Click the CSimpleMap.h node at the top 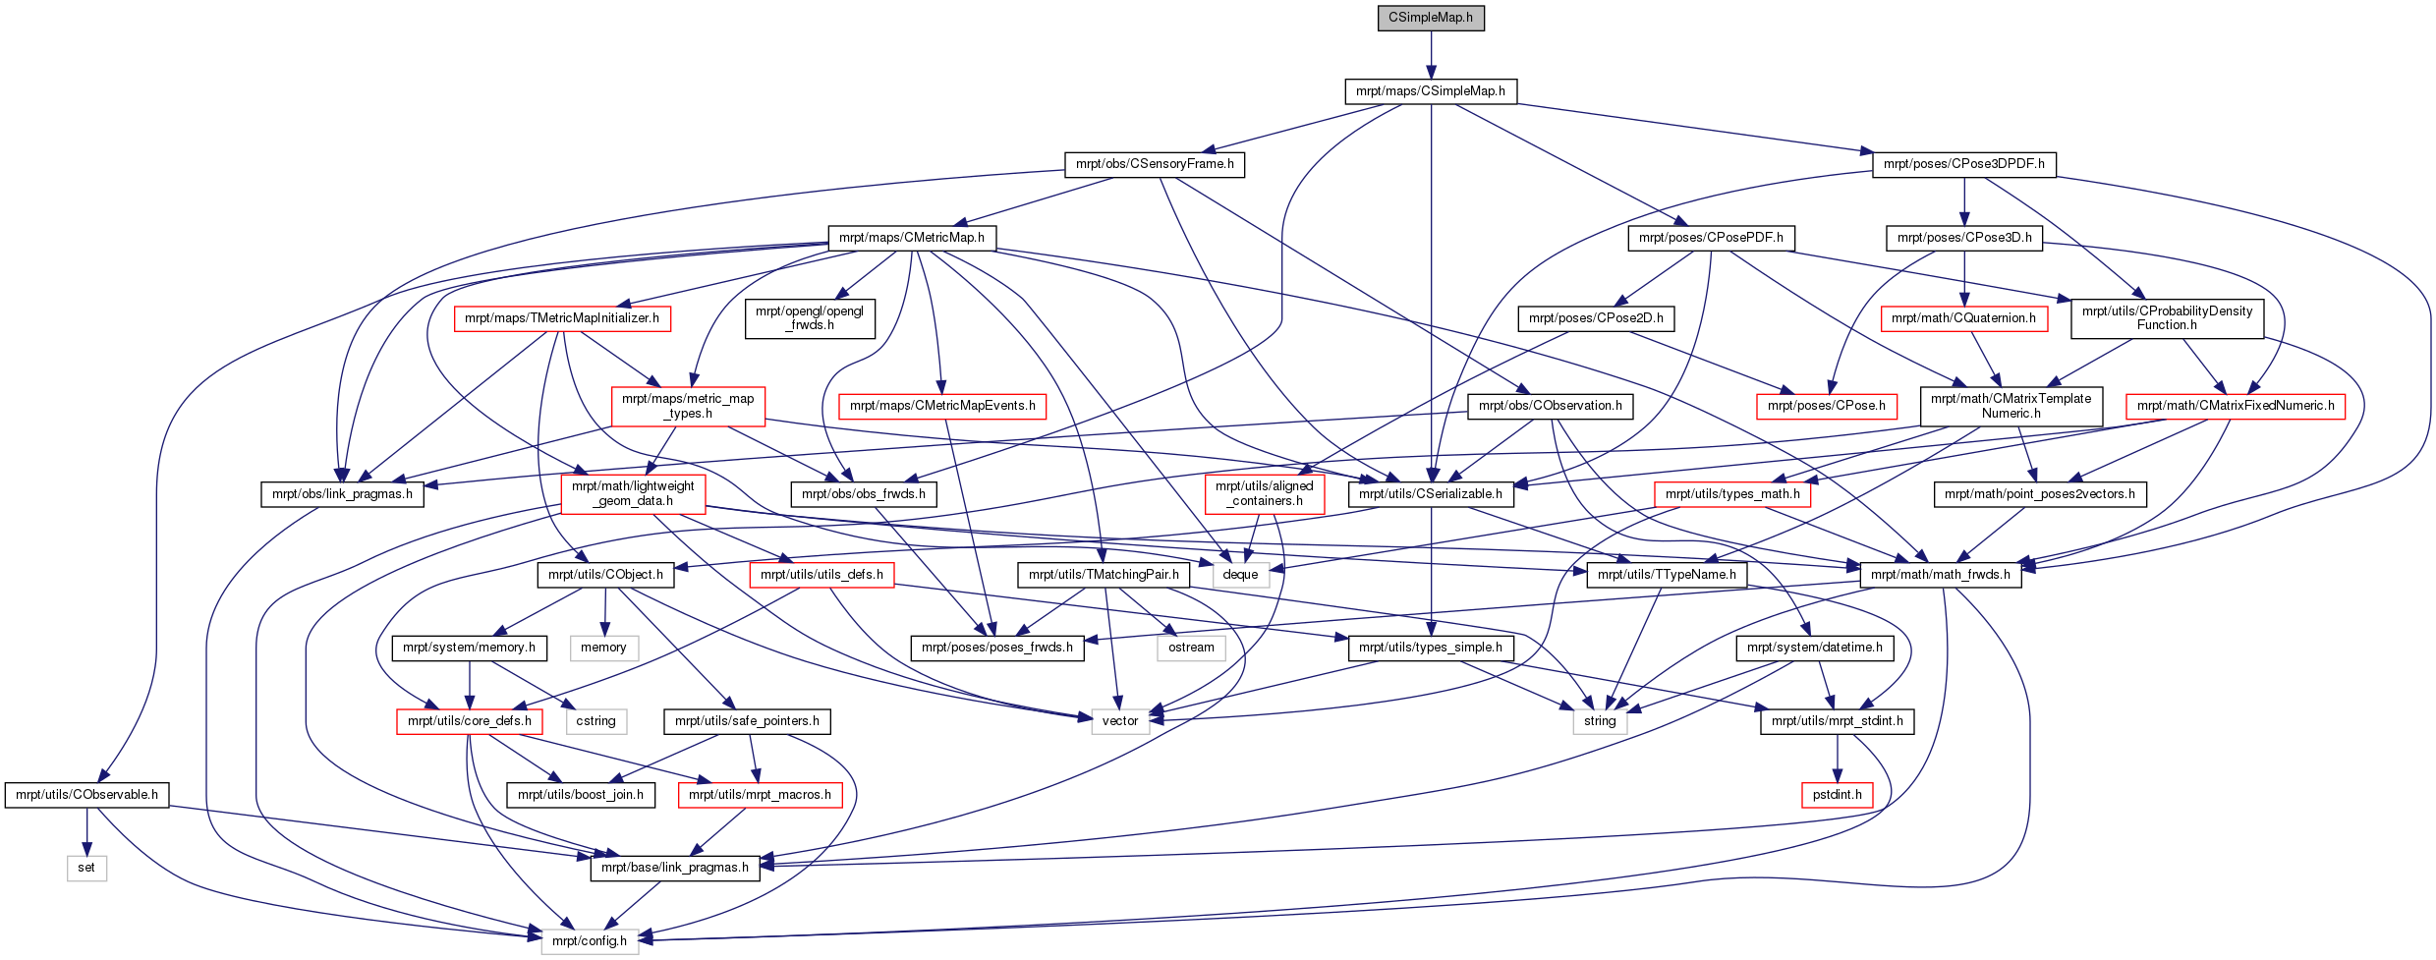pyautogui.click(x=1431, y=18)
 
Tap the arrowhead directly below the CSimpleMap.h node pyautogui.click(x=1431, y=73)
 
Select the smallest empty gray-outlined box pyautogui.click(x=86, y=869)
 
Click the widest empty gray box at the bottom pyautogui.click(x=590, y=941)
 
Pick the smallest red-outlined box pyautogui.click(x=1837, y=796)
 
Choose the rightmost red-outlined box pyautogui.click(x=2236, y=407)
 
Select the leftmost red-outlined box pyautogui.click(x=469, y=722)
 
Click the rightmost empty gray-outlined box pyautogui.click(x=1600, y=722)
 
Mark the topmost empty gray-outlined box pyautogui.click(x=1241, y=576)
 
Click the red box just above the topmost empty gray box pyautogui.click(x=1265, y=494)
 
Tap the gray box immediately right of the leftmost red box pyautogui.click(x=596, y=722)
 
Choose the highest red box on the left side pyautogui.click(x=562, y=319)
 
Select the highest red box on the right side pyautogui.click(x=1964, y=319)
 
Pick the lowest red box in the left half pyautogui.click(x=760, y=796)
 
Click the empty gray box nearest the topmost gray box pyautogui.click(x=1191, y=649)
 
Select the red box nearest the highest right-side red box pyautogui.click(x=1827, y=407)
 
